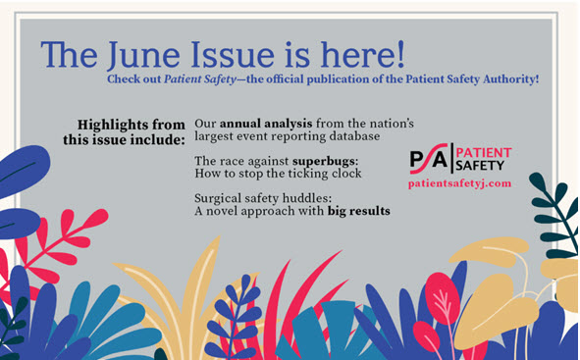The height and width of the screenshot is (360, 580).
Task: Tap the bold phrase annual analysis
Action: (x=256, y=125)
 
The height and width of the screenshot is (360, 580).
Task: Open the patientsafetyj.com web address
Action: (x=459, y=184)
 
